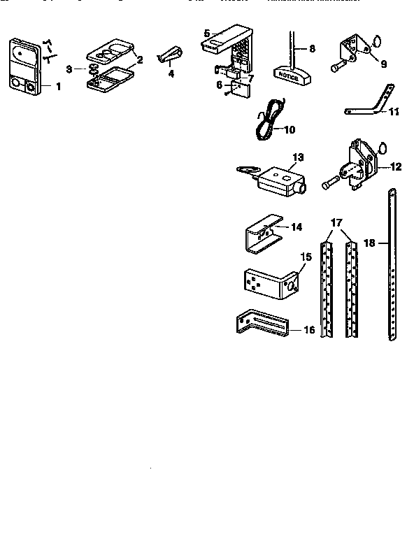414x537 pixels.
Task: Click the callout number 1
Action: [58, 87]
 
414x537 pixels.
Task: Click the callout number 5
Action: [207, 33]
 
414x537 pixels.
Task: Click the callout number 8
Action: [312, 48]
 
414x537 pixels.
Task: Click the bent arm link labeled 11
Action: [367, 104]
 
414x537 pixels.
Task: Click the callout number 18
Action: [370, 243]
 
